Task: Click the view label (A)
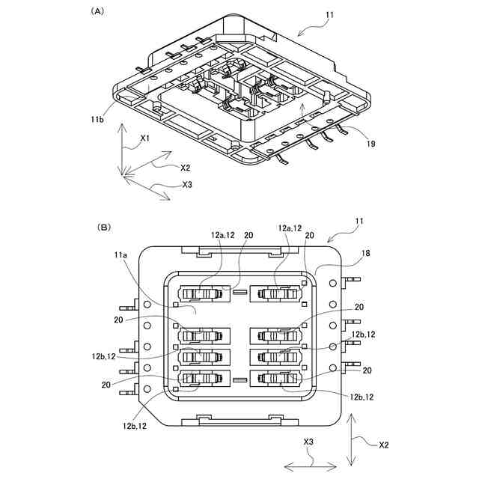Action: pos(97,11)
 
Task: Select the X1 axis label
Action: pos(145,138)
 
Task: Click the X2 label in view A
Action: pos(185,168)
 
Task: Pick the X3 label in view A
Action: pos(188,184)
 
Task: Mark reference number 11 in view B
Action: pos(359,222)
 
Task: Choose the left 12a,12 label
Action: pos(224,236)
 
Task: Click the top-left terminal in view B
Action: pos(202,294)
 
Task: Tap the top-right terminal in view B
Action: pos(277,294)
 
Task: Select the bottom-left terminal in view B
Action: pos(202,379)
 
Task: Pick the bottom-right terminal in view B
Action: pos(277,379)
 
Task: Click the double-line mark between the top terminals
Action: pos(239,292)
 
